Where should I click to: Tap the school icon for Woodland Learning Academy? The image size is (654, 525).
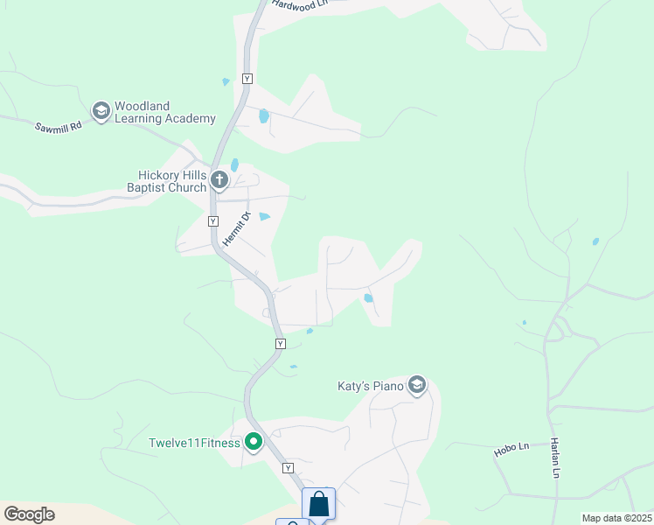tap(101, 111)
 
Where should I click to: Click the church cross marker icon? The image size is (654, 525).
tap(219, 181)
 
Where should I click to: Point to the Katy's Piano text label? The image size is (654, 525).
tap(371, 386)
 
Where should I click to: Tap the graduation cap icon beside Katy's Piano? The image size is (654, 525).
tap(417, 386)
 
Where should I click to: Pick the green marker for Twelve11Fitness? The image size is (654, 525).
tap(254, 443)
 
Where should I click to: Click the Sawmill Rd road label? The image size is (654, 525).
tap(58, 126)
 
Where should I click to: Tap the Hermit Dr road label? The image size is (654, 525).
tap(236, 229)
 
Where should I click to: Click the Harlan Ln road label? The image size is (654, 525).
tap(554, 458)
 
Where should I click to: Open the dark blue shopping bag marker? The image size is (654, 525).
tap(319, 505)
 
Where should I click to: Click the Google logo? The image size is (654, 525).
tap(29, 514)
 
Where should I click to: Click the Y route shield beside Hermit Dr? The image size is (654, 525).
tap(212, 221)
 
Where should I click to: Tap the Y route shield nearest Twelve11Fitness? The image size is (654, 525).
tap(288, 469)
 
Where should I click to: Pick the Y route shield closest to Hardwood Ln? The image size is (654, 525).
tap(247, 79)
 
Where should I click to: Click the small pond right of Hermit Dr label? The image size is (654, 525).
tap(265, 216)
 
